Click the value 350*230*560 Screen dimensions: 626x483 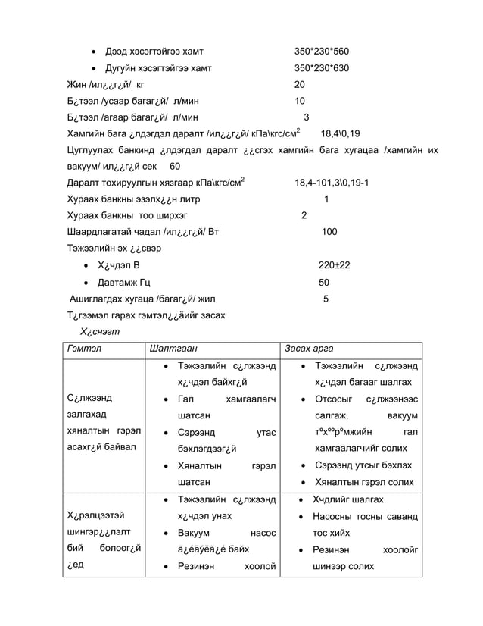click(x=321, y=52)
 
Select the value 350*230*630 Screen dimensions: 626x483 click(x=321, y=68)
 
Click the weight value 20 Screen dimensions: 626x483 click(x=300, y=84)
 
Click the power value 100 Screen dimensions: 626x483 click(x=329, y=232)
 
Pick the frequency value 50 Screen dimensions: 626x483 click(x=324, y=282)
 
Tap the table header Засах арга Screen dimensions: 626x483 click(x=307, y=348)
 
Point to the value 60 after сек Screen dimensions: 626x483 click(x=175, y=166)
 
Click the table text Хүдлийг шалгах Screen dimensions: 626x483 click(x=348, y=500)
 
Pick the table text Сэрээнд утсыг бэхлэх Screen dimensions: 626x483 click(x=363, y=465)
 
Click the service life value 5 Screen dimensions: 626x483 click(x=326, y=299)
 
